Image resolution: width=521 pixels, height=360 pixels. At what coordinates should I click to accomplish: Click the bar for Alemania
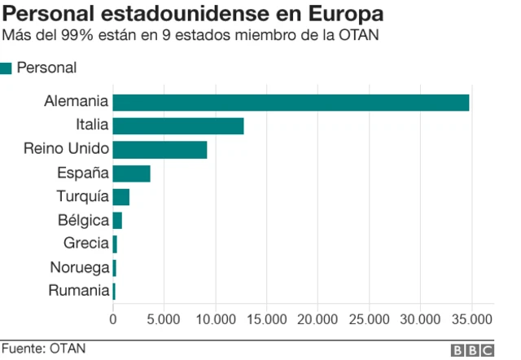coord(291,103)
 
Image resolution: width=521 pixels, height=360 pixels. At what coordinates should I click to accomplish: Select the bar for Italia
coord(178,126)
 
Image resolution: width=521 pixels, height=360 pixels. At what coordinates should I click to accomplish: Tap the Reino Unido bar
coord(160,150)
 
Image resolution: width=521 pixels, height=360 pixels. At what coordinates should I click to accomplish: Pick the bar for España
coord(131,173)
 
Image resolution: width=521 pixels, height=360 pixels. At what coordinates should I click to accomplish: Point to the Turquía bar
coord(120,197)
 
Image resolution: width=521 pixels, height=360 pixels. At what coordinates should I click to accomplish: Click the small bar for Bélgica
coord(117,221)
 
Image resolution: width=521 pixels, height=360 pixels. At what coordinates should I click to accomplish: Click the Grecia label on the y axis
coord(85,244)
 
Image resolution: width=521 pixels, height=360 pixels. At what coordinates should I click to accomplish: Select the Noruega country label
coord(79,267)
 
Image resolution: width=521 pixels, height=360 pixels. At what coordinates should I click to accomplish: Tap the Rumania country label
coord(78,291)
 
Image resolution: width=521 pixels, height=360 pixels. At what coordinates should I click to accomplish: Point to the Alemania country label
coord(77,103)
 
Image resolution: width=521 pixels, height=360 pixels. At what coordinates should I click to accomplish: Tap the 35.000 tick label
coord(471,318)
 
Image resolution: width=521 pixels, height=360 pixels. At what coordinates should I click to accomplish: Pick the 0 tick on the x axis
coord(113,318)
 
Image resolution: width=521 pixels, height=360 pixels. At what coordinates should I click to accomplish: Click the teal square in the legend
coord(7,68)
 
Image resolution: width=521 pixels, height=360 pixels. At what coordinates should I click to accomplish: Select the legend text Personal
coord(46,68)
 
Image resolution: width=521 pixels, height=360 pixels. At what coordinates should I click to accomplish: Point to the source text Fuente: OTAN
coord(42,349)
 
